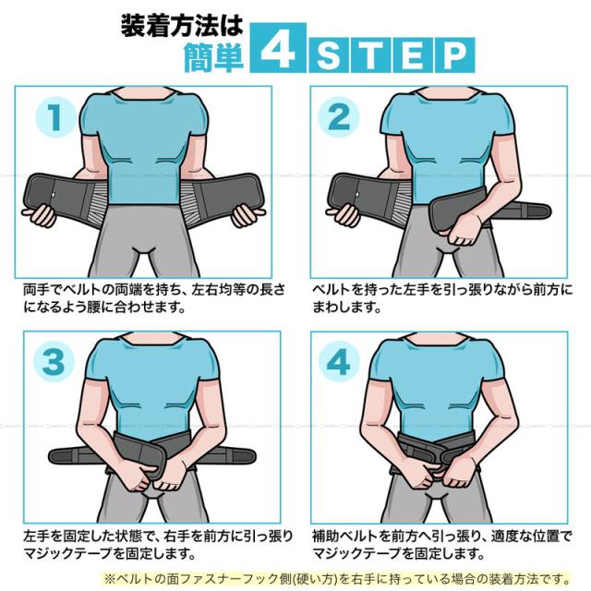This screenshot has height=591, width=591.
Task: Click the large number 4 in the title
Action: click(277, 48)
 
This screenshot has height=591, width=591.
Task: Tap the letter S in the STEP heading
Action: click(329, 55)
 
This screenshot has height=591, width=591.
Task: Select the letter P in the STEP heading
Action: click(454, 55)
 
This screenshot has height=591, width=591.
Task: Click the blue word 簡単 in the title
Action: click(213, 57)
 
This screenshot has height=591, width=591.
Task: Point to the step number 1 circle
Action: click(55, 117)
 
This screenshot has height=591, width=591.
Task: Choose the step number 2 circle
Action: click(339, 117)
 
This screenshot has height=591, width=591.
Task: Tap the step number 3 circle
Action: click(54, 361)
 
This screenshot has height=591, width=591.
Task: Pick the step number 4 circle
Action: click(339, 361)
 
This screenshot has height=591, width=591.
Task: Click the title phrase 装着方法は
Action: click(182, 26)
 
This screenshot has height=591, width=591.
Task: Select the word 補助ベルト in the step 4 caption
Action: click(344, 536)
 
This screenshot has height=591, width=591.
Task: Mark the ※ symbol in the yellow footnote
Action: click(109, 579)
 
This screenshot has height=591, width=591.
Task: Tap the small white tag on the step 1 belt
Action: click(54, 195)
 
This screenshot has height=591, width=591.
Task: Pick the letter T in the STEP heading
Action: click(370, 55)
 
